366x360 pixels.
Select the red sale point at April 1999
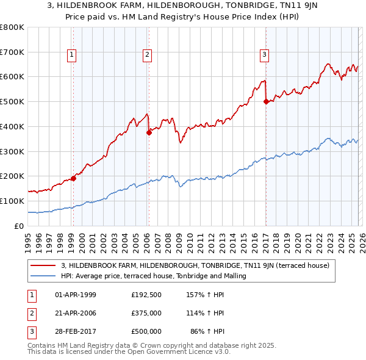tap(73, 178)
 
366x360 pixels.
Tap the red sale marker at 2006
tap(149, 132)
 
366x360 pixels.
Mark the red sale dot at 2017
tap(266, 102)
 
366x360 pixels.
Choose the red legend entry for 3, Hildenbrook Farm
tap(195, 265)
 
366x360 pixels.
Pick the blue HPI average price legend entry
tap(153, 276)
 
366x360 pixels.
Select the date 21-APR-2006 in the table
tap(76, 313)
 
